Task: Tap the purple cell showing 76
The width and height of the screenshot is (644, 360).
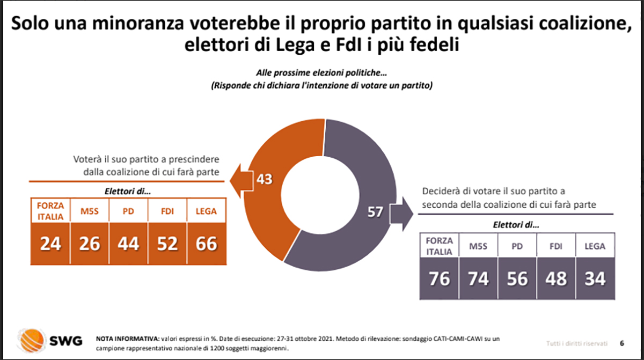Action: point(440,278)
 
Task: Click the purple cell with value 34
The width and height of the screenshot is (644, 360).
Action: point(594,278)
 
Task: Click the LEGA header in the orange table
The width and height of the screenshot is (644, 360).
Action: point(206,211)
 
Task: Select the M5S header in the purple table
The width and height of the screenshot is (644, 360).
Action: point(478,246)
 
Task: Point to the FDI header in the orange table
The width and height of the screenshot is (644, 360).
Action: point(167,211)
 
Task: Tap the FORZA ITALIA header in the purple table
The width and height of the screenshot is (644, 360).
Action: point(440,246)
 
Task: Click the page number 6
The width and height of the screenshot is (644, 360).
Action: point(621,343)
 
